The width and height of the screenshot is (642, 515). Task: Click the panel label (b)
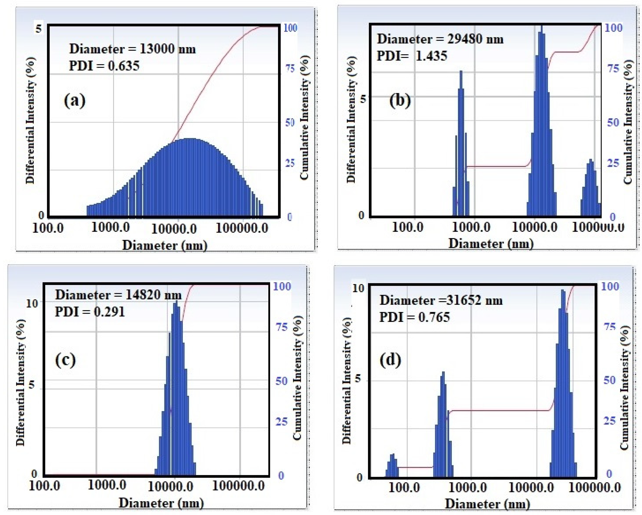pos(400,100)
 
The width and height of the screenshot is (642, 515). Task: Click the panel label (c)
pos(65,360)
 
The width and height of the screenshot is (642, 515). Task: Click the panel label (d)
pos(390,360)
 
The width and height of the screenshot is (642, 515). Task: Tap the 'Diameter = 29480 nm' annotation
pos(440,39)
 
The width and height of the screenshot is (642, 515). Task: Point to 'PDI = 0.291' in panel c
pos(90,312)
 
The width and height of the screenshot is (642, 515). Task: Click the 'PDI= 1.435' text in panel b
pos(412,56)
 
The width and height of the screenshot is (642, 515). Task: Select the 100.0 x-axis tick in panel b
pos(407,227)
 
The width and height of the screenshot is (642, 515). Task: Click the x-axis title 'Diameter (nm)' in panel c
pos(161,503)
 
